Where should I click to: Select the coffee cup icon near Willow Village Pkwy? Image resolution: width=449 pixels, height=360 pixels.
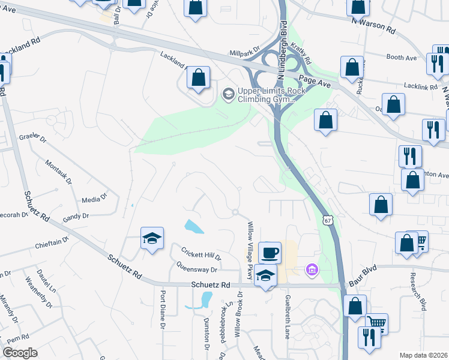pyautogui.click(x=270, y=252)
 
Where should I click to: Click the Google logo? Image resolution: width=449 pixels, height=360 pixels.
pyautogui.click(x=19, y=353)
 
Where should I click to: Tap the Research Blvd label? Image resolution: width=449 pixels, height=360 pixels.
pyautogui.click(x=420, y=292)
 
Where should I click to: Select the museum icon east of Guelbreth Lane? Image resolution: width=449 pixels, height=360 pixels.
pyautogui.click(x=312, y=271)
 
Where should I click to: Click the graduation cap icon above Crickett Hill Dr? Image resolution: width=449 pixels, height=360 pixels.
pyautogui.click(x=152, y=239)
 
